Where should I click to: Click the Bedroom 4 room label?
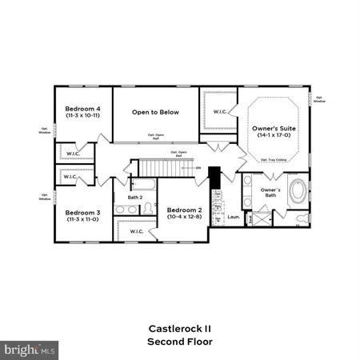82,108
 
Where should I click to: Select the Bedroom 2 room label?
183,209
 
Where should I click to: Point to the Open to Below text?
156,112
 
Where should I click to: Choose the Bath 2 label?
135,197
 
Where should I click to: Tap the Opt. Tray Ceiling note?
273,160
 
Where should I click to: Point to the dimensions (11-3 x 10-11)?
82,116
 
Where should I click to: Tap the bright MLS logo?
30,350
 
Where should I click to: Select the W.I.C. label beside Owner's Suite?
219,112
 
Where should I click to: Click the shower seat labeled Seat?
250,217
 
